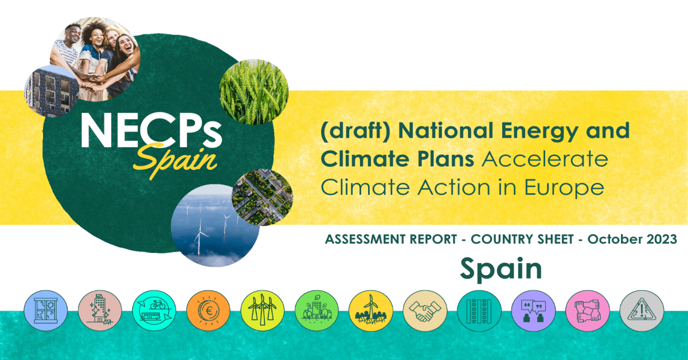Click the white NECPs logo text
(x=151, y=131)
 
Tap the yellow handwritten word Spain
(x=175, y=160)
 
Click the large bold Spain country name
(x=501, y=269)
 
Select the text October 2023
(x=632, y=239)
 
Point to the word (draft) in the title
(x=355, y=131)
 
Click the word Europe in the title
(x=564, y=188)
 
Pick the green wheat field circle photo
(x=253, y=92)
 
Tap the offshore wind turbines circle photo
(x=214, y=226)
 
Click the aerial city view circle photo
(x=263, y=197)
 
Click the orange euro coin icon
(x=208, y=311)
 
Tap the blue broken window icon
(x=46, y=311)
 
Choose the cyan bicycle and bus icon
(x=154, y=311)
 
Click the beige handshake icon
(x=425, y=311)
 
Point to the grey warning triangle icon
(x=642, y=311)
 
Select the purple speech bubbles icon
(x=534, y=311)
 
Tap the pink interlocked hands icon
(x=588, y=311)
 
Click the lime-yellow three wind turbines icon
(x=263, y=311)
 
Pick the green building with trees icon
(x=316, y=311)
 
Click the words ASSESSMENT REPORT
(x=391, y=239)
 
